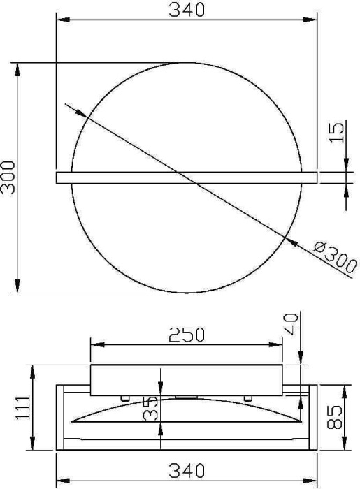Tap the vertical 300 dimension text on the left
point(8,178)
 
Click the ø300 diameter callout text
point(335,257)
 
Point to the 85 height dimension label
point(336,418)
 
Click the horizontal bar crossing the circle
point(186,177)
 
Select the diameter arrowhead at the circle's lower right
point(291,242)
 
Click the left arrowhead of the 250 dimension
point(96,344)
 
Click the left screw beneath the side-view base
point(124,397)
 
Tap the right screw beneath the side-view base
point(247,397)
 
